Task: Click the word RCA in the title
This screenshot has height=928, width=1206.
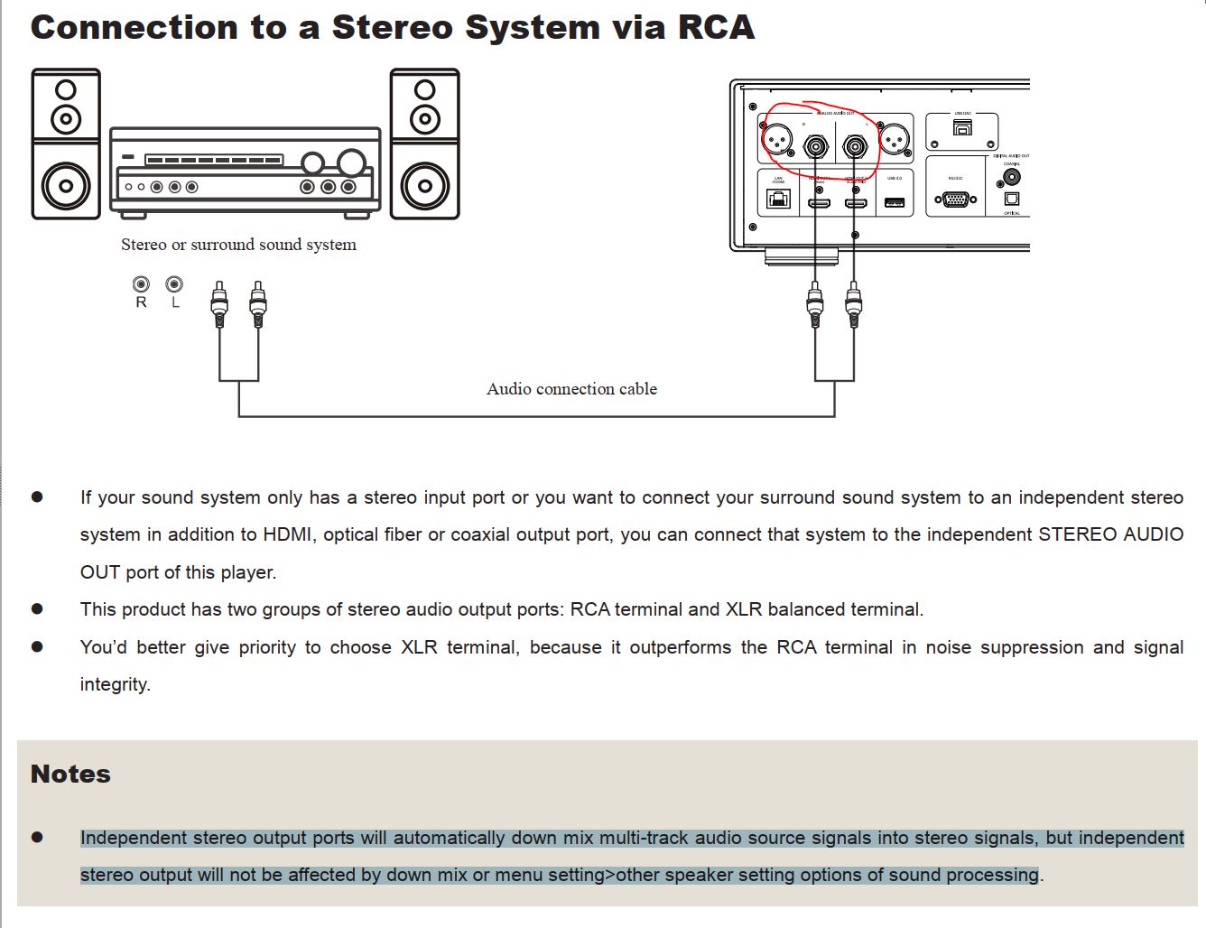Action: click(x=716, y=27)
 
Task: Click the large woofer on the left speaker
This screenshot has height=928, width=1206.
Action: click(x=66, y=187)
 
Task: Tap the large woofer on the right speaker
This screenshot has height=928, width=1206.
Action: click(x=424, y=187)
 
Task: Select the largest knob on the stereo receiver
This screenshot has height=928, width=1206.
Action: click(x=351, y=162)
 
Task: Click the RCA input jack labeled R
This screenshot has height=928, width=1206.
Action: click(x=141, y=284)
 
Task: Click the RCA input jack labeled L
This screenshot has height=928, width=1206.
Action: click(x=174, y=284)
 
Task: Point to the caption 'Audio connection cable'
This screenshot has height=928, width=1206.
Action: click(x=571, y=389)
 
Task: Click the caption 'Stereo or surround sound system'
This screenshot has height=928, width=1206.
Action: click(x=238, y=245)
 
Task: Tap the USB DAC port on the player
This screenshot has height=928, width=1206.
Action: click(x=962, y=128)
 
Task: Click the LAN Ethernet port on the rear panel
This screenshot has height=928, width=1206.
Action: click(x=778, y=198)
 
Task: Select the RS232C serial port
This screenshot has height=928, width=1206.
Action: click(x=956, y=199)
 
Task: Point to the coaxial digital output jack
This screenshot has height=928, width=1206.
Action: click(x=1012, y=178)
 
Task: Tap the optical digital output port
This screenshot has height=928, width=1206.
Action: click(x=1012, y=200)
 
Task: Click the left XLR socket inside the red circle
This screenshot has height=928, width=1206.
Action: click(x=777, y=138)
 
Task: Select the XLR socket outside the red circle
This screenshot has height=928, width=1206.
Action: click(x=893, y=139)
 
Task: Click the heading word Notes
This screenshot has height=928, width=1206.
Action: click(x=70, y=775)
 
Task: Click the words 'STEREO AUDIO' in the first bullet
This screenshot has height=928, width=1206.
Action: click(x=1110, y=534)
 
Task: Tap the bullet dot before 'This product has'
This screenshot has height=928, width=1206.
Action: click(x=37, y=609)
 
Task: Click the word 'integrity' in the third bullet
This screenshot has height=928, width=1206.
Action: click(x=114, y=684)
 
